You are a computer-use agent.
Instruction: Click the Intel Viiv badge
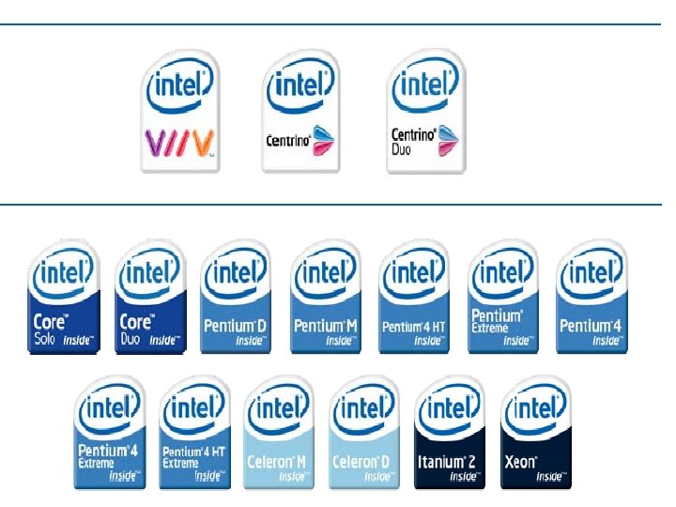179,111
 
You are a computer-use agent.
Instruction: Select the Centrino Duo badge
425,111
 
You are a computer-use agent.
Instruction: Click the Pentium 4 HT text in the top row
413,327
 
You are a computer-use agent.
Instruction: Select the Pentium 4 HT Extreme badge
196,432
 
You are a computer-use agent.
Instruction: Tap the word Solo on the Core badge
45,339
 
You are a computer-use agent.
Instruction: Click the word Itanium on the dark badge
438,462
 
